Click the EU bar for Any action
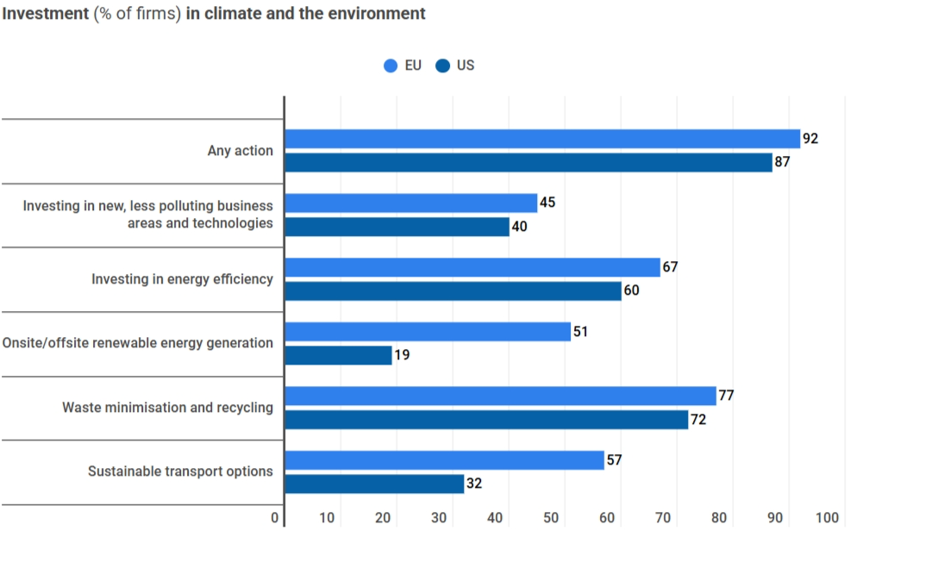[542, 139]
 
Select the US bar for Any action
[528, 162]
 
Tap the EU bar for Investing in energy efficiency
[472, 267]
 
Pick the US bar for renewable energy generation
[338, 355]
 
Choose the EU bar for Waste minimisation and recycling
[500, 396]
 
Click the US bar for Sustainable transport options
[374, 484]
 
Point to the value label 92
[810, 139]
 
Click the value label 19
[402, 355]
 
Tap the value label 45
[547, 203]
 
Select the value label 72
[698, 420]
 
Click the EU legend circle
[391, 66]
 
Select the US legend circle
[443, 66]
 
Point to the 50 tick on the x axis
[551, 518]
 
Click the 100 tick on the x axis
[827, 518]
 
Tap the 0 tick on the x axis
[275, 518]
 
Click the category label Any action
[240, 151]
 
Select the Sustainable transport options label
[180, 471]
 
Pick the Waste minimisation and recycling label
[167, 408]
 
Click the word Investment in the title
[46, 14]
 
